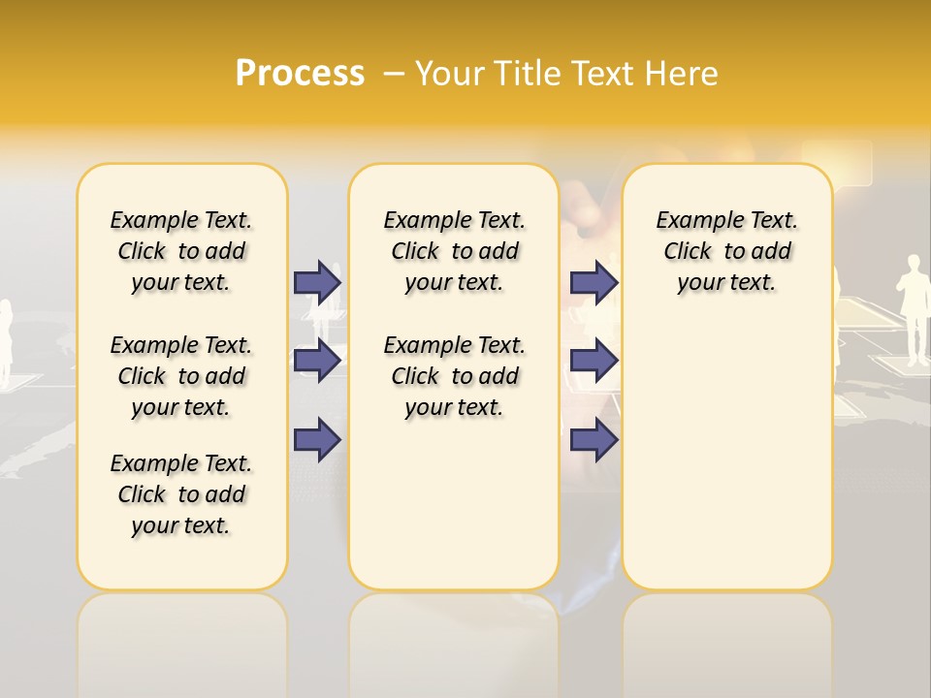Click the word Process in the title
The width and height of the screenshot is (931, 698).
pyautogui.click(x=300, y=73)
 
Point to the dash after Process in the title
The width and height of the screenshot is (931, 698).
pyautogui.click(x=393, y=74)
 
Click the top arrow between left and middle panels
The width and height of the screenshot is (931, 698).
pyautogui.click(x=317, y=282)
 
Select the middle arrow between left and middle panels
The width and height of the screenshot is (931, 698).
pyautogui.click(x=317, y=361)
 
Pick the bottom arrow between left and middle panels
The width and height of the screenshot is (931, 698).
pyautogui.click(x=317, y=439)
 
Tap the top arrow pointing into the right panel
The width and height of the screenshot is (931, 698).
pyautogui.click(x=594, y=282)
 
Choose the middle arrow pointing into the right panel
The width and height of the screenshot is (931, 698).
pyautogui.click(x=594, y=361)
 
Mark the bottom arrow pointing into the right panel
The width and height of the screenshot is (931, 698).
pyautogui.click(x=594, y=439)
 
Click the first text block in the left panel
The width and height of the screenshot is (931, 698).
pyautogui.click(x=181, y=251)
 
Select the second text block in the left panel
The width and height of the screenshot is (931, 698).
pyautogui.click(x=181, y=376)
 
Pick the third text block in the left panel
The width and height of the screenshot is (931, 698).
pyautogui.click(x=181, y=494)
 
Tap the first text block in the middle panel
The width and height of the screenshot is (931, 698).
pyautogui.click(x=454, y=251)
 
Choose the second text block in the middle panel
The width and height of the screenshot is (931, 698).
pyautogui.click(x=454, y=376)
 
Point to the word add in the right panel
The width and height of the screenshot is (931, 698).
pyautogui.click(x=770, y=251)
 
